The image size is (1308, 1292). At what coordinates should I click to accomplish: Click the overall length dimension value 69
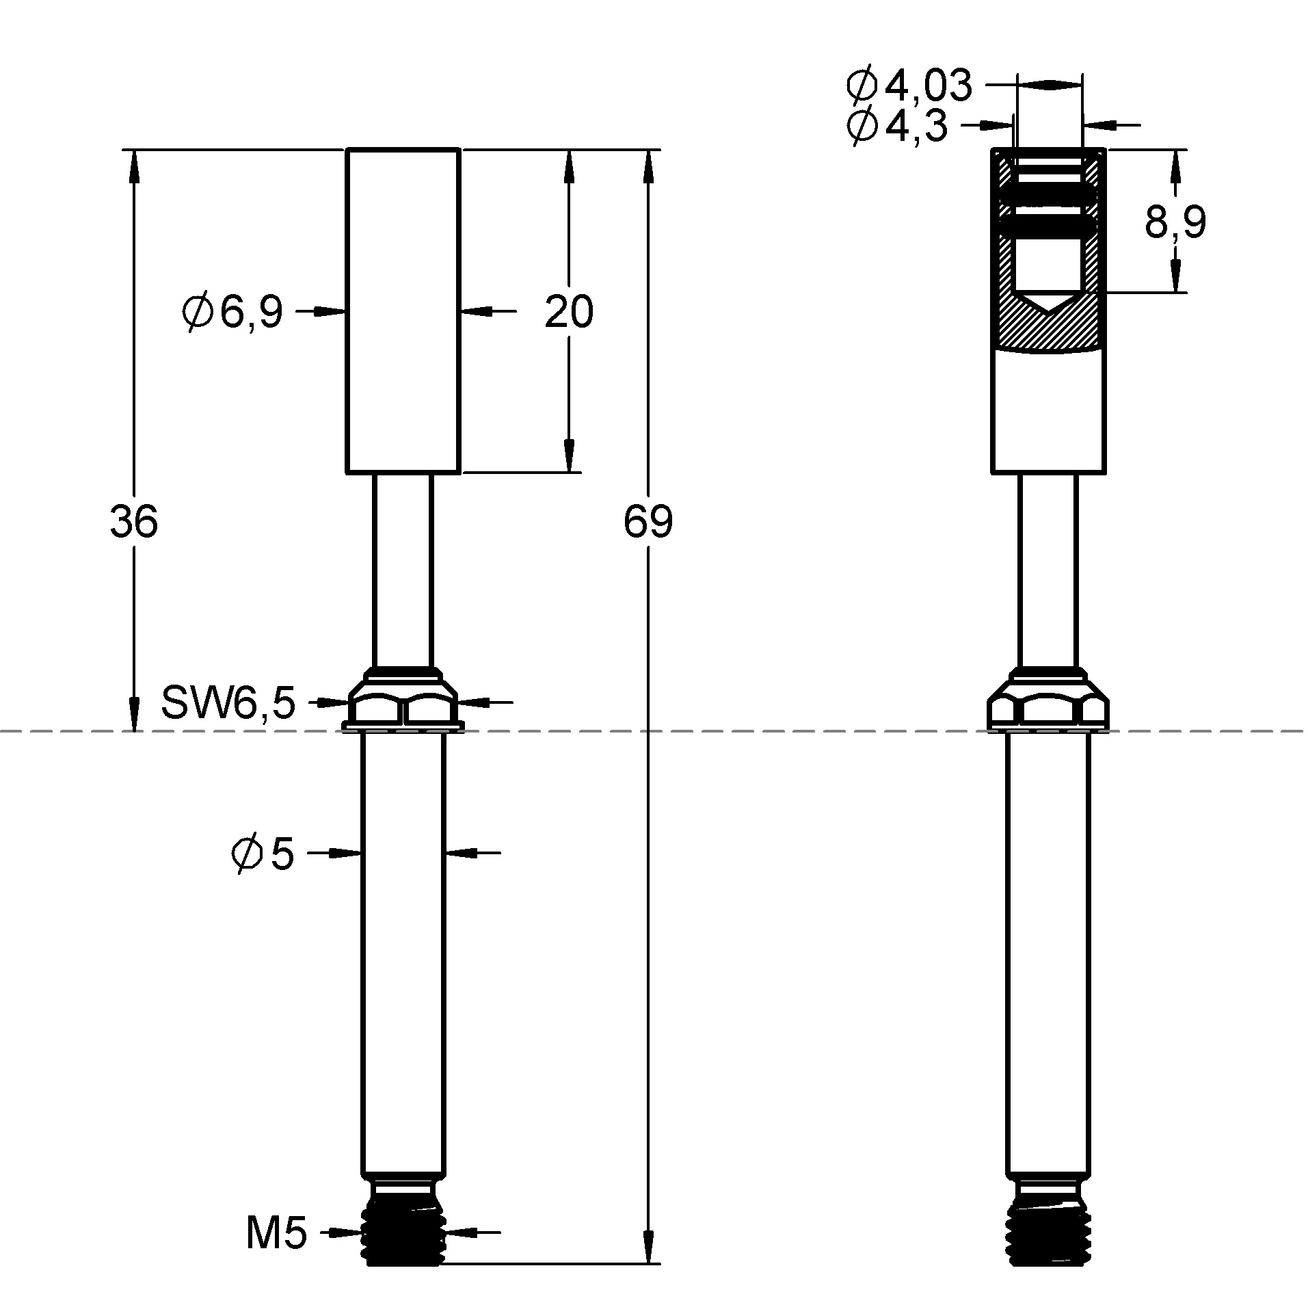tap(648, 522)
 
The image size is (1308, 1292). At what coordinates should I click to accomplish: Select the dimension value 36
tap(134, 522)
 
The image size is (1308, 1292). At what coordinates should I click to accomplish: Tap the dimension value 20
tap(568, 312)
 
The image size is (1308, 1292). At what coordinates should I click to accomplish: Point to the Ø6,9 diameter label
tap(232, 313)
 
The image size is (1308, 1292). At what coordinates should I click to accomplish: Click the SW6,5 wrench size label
tap(228, 702)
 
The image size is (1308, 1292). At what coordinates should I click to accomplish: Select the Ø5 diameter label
tap(263, 854)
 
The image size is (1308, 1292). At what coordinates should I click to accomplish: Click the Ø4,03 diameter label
tap(909, 86)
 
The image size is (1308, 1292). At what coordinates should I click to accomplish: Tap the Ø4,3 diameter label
tap(897, 126)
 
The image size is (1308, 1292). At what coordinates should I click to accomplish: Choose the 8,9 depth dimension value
tap(1175, 222)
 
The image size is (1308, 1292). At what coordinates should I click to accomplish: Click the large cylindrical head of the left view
tap(403, 311)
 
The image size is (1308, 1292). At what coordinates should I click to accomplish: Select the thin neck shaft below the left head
tap(403, 571)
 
